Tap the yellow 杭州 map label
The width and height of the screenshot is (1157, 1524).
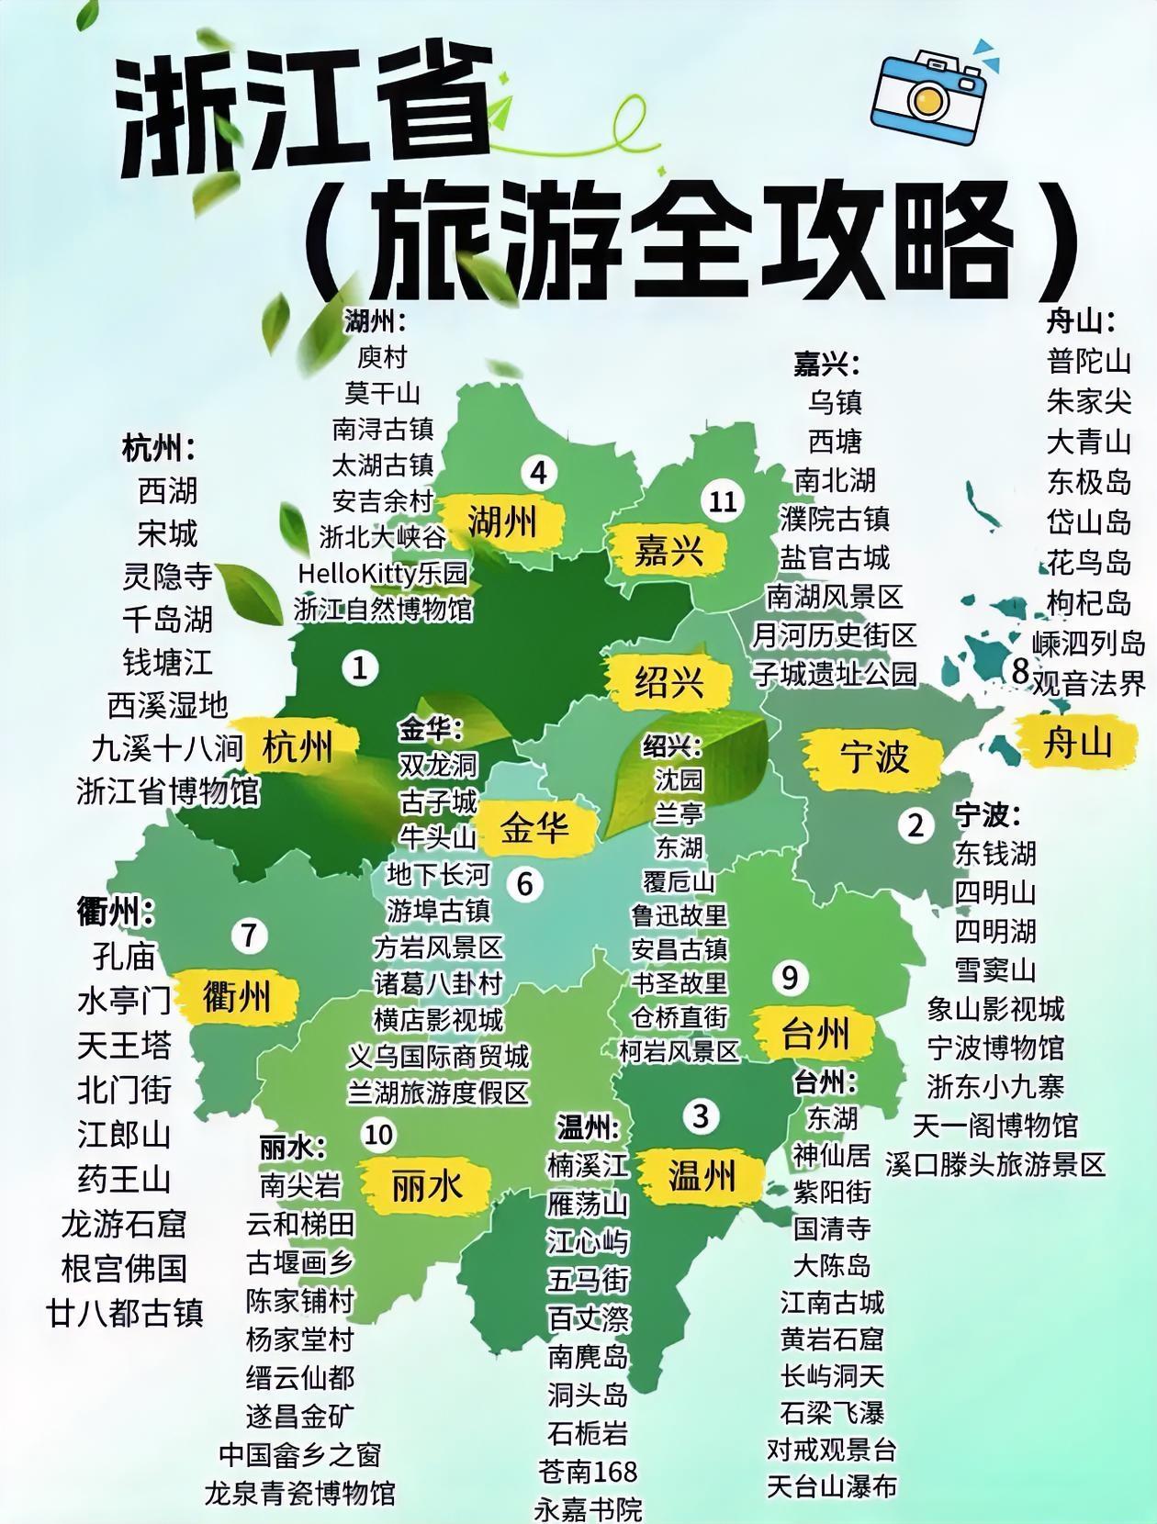pyautogui.click(x=298, y=746)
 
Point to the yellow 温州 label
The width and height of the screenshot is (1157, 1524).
pyautogui.click(x=702, y=1175)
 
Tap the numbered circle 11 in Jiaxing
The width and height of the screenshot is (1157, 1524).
pyautogui.click(x=724, y=501)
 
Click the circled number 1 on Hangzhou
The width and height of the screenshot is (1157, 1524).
pyautogui.click(x=360, y=667)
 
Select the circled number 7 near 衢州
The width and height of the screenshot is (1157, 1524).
pyautogui.click(x=249, y=936)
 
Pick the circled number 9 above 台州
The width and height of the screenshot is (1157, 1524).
pyautogui.click(x=790, y=978)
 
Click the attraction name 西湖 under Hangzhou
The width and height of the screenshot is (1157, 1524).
pyautogui.click(x=168, y=491)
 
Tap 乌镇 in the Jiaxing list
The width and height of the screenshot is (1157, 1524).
pyautogui.click(x=836, y=402)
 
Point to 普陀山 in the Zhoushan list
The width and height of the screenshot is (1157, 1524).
pyautogui.click(x=1089, y=361)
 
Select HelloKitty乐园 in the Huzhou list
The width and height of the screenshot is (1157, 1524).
pyautogui.click(x=383, y=574)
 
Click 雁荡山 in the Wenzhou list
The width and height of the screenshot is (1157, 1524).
pyautogui.click(x=588, y=1203)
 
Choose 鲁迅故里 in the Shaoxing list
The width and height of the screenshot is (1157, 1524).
pyautogui.click(x=680, y=915)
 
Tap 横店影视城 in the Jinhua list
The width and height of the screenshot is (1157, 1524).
pyautogui.click(x=439, y=1020)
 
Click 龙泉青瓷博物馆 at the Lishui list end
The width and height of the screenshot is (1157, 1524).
pyautogui.click(x=300, y=1493)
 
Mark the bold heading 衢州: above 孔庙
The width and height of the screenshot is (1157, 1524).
pyautogui.click(x=115, y=913)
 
